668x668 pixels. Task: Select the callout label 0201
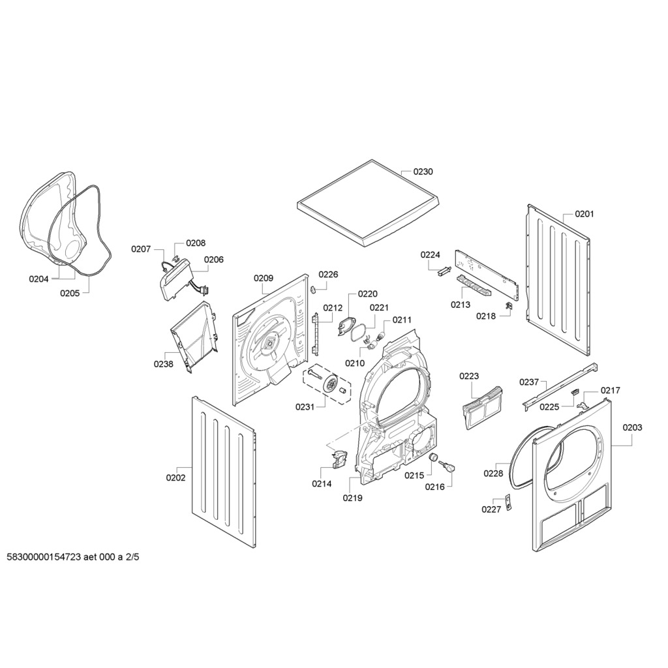[584, 214]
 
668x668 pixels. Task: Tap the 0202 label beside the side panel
[175, 478]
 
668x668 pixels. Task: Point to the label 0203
[632, 427]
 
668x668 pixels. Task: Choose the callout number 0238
[163, 364]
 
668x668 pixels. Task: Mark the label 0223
[469, 376]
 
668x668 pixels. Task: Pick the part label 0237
[529, 382]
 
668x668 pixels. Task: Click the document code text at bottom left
[73, 557]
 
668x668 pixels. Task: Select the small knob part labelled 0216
[448, 466]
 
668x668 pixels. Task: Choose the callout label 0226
[328, 275]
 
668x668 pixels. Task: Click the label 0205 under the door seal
[70, 293]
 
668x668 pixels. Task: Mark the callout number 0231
[304, 406]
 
